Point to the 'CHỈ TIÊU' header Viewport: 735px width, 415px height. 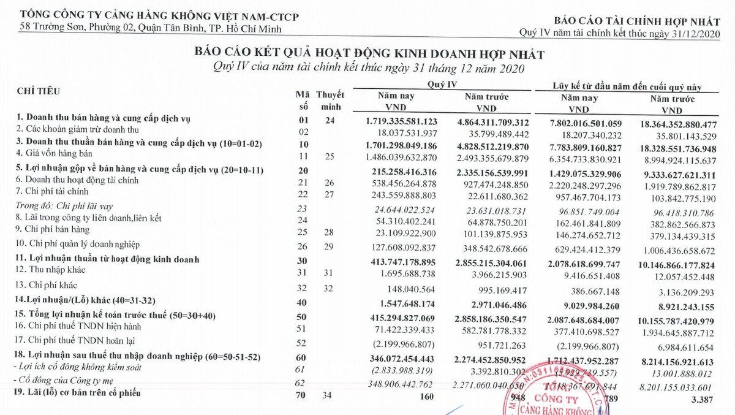pyautogui.click(x=39, y=91)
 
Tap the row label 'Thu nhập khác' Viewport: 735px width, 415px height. pyautogui.click(x=50, y=270)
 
